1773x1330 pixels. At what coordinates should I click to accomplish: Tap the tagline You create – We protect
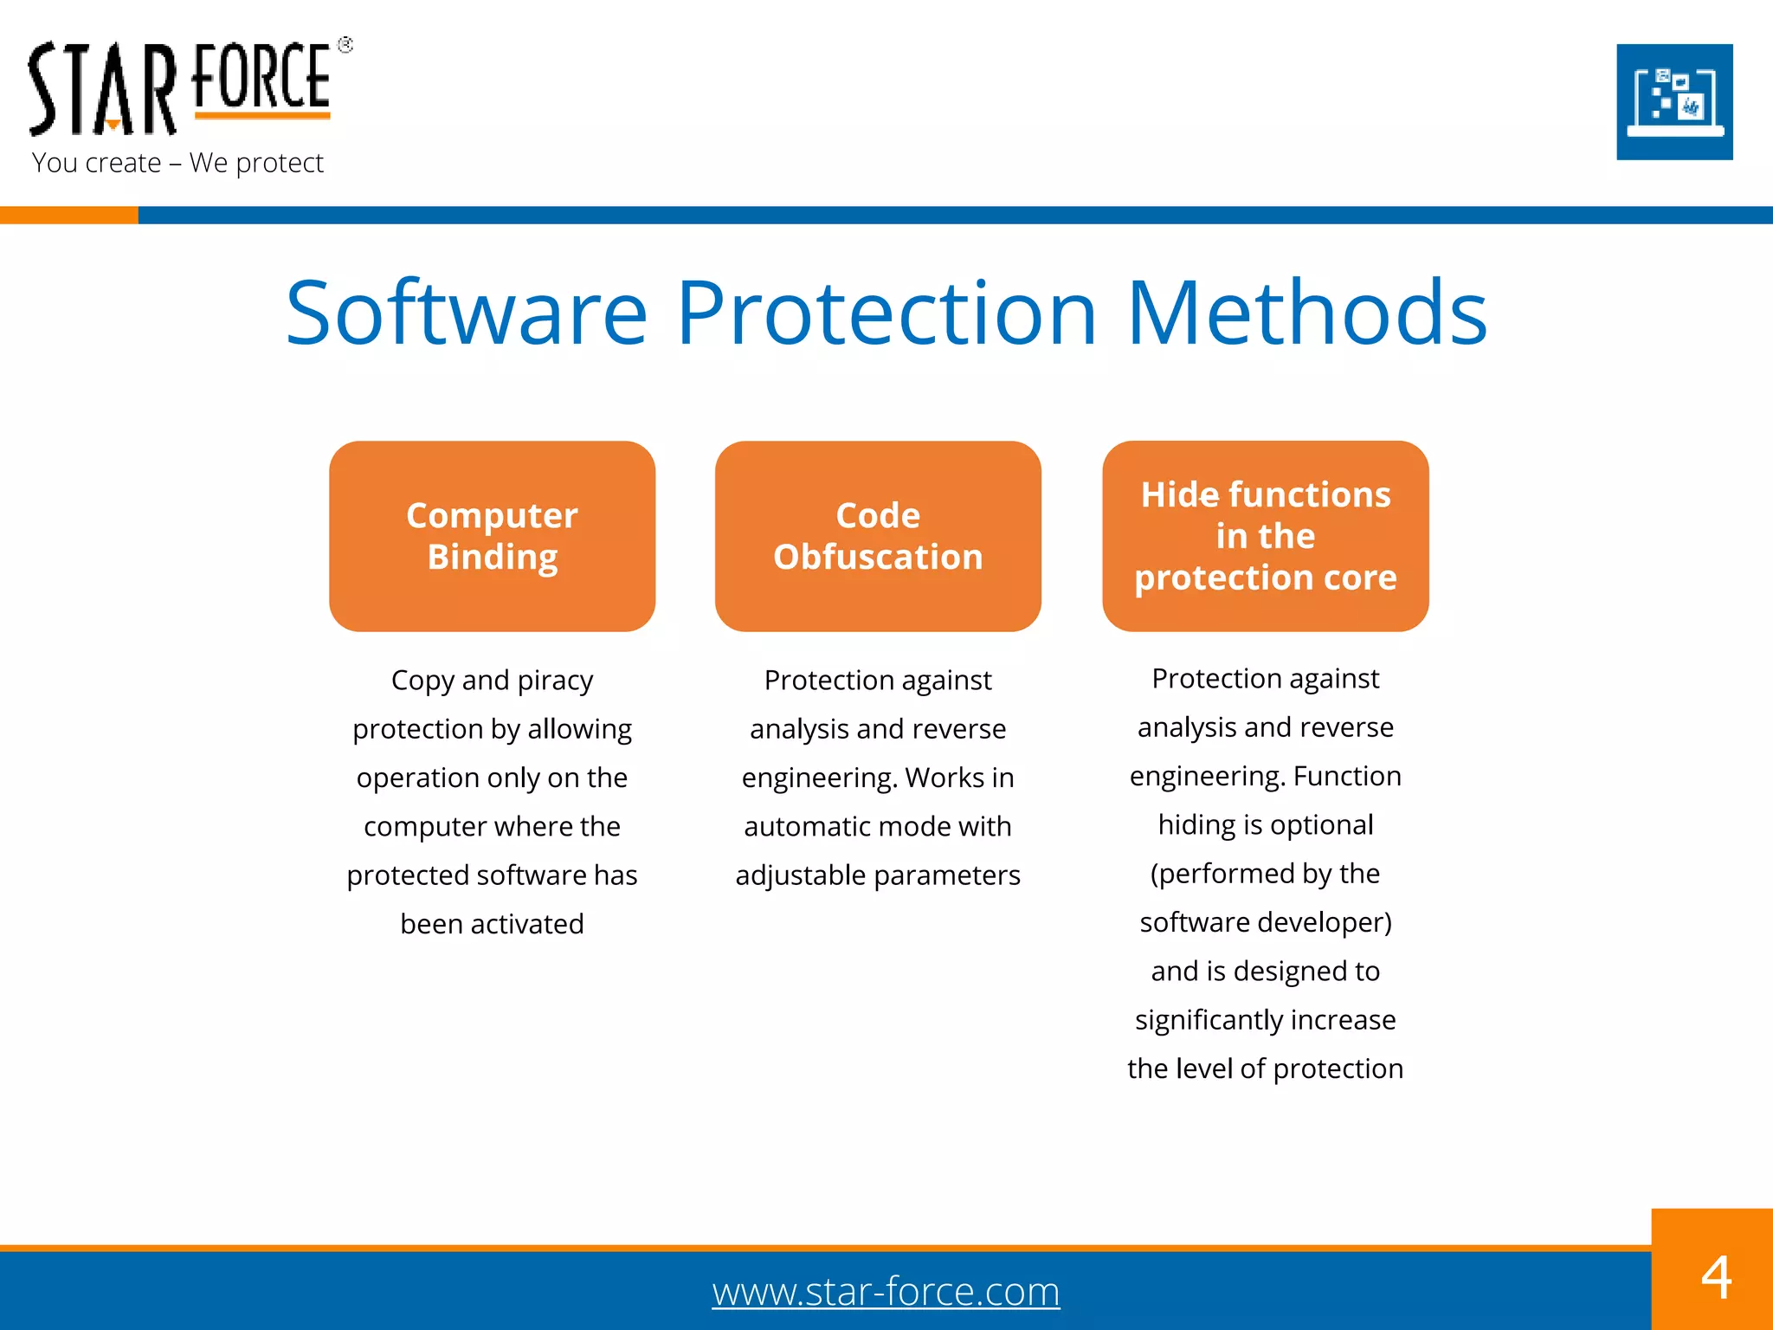pos(177,163)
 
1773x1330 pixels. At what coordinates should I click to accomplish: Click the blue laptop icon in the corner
pos(1674,102)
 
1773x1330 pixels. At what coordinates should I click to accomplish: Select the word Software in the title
pos(466,313)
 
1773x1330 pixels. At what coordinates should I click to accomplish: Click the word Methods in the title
pos(1306,313)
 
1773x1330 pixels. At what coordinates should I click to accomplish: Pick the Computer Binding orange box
pos(492,536)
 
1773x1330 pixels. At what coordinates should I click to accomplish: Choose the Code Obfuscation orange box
pos(878,536)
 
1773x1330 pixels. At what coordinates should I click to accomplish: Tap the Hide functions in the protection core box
pos(1265,536)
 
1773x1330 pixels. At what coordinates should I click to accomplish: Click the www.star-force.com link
pos(886,1292)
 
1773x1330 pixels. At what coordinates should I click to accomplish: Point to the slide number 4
pos(1716,1277)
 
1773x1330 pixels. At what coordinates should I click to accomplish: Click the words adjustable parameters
pos(878,875)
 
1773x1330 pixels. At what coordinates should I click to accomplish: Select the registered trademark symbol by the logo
pos(345,45)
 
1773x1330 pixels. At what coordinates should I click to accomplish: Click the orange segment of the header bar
pos(68,216)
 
